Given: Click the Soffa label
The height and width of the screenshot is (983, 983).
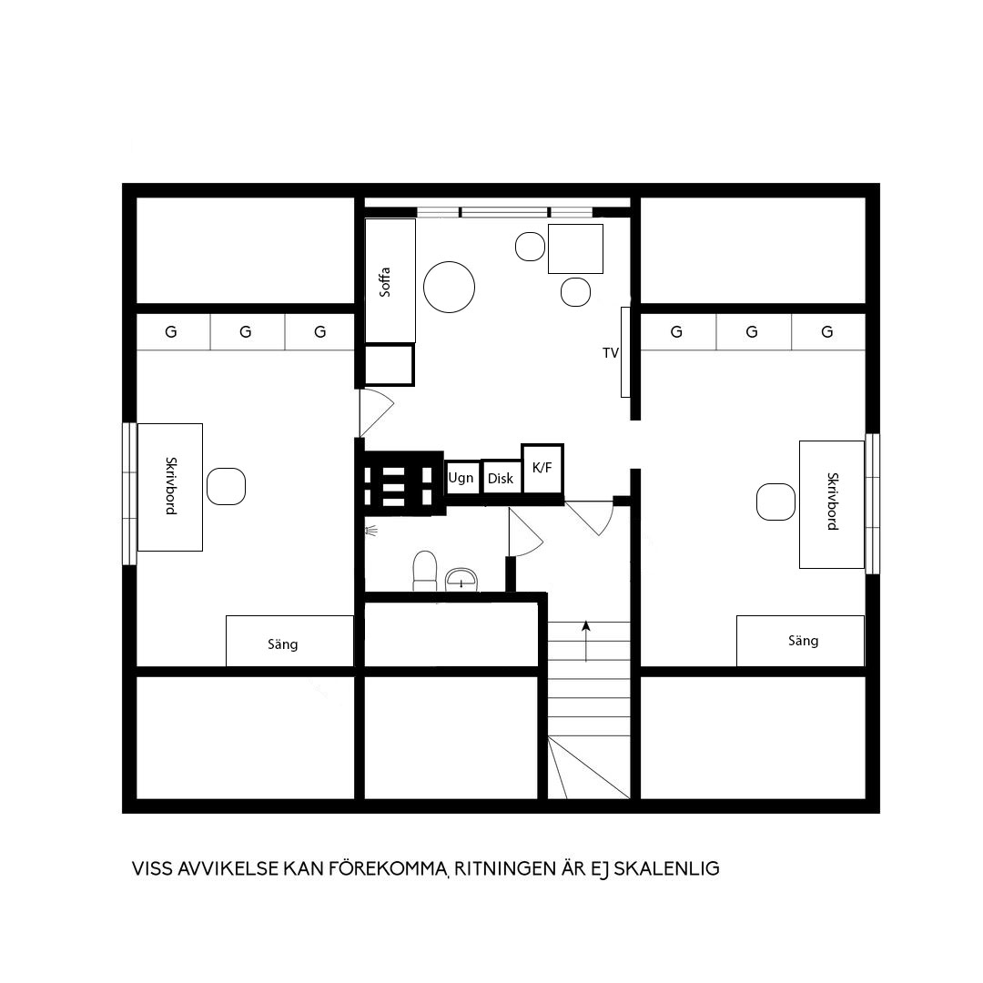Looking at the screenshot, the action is pyautogui.click(x=385, y=281).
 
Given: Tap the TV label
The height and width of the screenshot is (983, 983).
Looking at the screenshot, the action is pyautogui.click(x=611, y=353).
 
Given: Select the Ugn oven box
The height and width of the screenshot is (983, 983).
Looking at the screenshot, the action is pyautogui.click(x=462, y=478).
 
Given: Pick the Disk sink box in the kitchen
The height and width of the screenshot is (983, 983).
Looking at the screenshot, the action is pyautogui.click(x=502, y=478).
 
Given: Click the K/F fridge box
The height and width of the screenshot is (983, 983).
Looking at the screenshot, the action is pyautogui.click(x=542, y=469).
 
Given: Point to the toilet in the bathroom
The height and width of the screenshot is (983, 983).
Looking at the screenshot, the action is pyautogui.click(x=424, y=571).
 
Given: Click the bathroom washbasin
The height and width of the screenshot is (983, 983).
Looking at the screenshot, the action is pyautogui.click(x=461, y=580).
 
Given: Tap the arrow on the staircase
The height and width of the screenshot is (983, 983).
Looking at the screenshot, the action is pyautogui.click(x=586, y=642).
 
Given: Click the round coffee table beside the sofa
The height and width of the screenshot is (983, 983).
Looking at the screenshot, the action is pyautogui.click(x=449, y=287).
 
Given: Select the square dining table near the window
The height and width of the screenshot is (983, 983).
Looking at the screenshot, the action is pyautogui.click(x=575, y=248).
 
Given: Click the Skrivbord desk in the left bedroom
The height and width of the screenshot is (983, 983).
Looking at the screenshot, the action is pyautogui.click(x=170, y=487).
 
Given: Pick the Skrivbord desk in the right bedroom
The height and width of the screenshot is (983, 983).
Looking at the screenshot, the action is pyautogui.click(x=832, y=504).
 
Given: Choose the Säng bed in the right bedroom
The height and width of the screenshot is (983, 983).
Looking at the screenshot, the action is pyautogui.click(x=801, y=641).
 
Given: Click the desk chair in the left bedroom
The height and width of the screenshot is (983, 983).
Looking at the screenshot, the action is pyautogui.click(x=226, y=486).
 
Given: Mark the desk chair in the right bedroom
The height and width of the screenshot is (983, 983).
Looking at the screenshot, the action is pyautogui.click(x=776, y=502).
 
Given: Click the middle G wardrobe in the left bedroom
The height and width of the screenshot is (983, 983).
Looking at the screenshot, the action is pyautogui.click(x=247, y=331).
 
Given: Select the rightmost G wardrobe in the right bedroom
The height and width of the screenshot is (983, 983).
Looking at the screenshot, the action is pyautogui.click(x=828, y=331).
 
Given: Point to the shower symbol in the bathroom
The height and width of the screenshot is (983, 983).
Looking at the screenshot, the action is pyautogui.click(x=371, y=531).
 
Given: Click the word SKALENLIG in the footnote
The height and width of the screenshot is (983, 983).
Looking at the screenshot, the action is pyautogui.click(x=666, y=869).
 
